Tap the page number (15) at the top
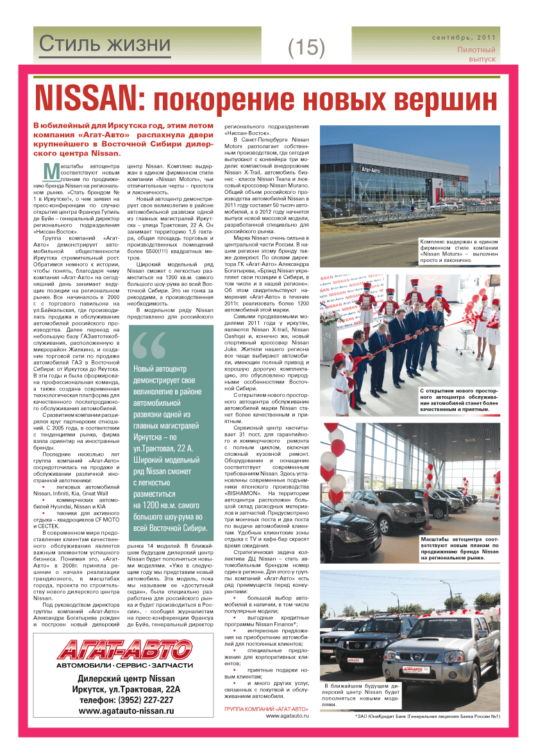pos(306,46)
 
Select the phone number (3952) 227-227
pos(126,700)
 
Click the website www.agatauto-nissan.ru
pos(126,711)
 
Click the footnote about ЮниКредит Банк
pos(427,716)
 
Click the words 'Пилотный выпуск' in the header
pos(476,54)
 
